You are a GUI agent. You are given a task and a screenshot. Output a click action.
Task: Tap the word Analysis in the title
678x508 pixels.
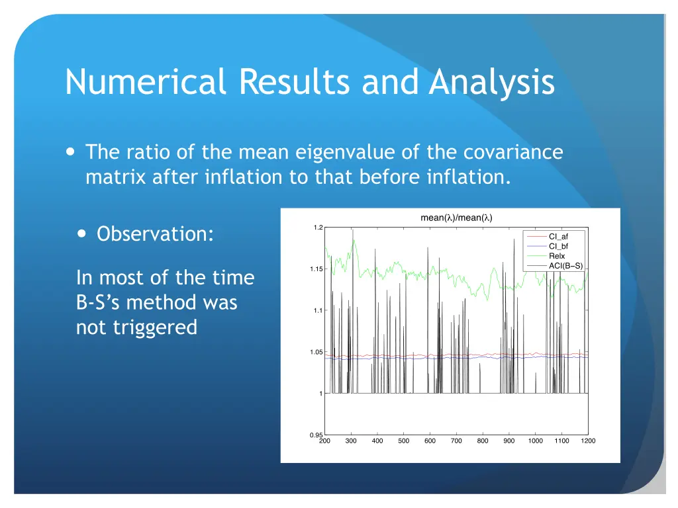click(491, 83)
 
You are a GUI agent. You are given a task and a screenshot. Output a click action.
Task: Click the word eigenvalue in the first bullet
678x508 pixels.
click(343, 153)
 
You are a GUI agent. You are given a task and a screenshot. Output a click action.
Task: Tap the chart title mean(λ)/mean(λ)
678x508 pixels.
click(456, 218)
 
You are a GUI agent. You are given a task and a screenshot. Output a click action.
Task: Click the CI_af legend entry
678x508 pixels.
click(558, 236)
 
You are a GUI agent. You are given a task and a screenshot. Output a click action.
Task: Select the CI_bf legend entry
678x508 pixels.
click(558, 246)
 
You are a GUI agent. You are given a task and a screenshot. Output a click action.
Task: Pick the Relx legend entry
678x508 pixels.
click(557, 256)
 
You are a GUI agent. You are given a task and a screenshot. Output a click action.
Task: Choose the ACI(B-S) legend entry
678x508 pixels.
click(565, 266)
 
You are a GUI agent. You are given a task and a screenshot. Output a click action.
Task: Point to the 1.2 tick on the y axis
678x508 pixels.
click(318, 228)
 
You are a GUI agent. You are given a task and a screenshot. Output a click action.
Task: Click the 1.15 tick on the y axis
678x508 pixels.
click(316, 269)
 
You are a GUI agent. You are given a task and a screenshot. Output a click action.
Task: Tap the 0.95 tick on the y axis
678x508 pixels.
click(316, 435)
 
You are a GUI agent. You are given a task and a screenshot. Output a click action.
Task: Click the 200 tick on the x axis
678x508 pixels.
click(324, 441)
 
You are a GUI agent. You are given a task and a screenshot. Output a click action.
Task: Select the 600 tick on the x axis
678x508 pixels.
click(430, 441)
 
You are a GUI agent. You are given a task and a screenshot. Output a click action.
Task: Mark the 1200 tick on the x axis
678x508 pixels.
click(588, 441)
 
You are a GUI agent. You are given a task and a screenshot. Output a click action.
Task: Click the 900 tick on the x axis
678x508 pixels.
click(509, 441)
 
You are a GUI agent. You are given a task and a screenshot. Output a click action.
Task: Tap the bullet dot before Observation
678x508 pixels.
click(81, 233)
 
